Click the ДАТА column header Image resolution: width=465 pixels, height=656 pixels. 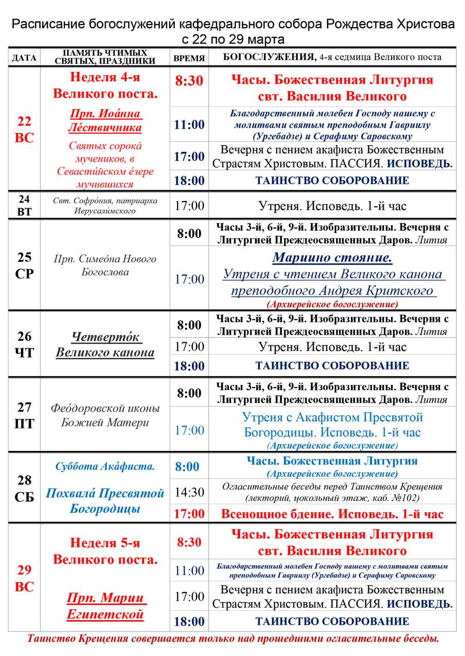tap(24, 58)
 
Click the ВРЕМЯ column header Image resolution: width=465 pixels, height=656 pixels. tap(189, 58)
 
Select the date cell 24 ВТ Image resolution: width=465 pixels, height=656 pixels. tap(24, 205)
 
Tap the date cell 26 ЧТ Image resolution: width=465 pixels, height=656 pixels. tap(24, 345)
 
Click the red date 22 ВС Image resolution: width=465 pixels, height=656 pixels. tap(24, 130)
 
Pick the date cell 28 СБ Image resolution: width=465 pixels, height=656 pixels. tap(24, 489)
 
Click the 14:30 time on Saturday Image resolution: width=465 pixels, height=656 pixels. tap(189, 492)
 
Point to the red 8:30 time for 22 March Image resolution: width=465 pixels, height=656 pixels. tap(189, 81)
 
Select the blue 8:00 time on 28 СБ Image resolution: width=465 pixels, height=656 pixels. tap(187, 467)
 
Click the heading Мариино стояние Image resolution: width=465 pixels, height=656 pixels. tap(332, 258)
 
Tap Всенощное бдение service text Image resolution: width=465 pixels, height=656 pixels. tap(332, 514)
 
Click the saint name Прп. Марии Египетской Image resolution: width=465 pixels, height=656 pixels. tap(105, 606)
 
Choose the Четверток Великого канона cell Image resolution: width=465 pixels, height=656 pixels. tap(105, 345)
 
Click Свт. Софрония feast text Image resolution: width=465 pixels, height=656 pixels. tap(105, 205)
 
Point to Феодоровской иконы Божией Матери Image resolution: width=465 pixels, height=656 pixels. tap(105, 415)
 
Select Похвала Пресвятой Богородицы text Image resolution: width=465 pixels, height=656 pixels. tap(105, 501)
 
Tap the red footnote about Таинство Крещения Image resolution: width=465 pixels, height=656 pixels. tap(233, 638)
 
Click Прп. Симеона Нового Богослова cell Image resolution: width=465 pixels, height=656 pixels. tap(105, 265)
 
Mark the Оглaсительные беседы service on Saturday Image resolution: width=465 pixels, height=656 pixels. tap(332, 492)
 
